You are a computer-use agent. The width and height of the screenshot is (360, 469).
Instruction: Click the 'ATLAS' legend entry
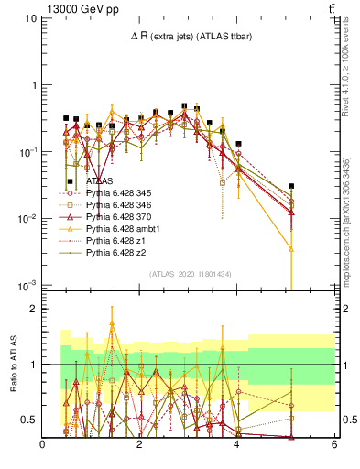click(101, 181)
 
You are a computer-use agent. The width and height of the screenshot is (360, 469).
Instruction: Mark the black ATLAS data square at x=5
click(290, 186)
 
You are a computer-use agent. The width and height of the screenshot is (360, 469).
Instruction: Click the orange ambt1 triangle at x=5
click(290, 248)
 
